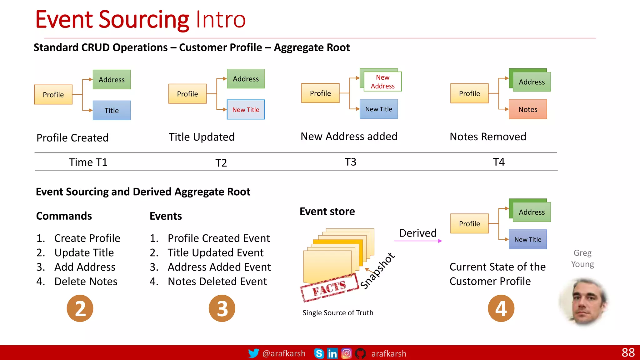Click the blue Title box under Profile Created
[112, 110]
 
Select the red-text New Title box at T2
[246, 110]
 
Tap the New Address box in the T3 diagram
[382, 82]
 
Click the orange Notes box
[527, 109]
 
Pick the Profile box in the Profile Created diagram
[53, 94]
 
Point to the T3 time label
[350, 162]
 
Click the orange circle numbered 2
[80, 308]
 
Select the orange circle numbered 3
[222, 308]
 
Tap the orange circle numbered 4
[501, 308]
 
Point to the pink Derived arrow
[418, 241]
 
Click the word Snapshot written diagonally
[377, 271]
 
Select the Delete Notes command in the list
[86, 281]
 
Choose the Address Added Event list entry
[219, 267]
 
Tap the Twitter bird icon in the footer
[253, 353]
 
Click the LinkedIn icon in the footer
[332, 353]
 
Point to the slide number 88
[628, 352]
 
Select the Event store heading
[327, 211]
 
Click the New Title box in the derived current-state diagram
[527, 239]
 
